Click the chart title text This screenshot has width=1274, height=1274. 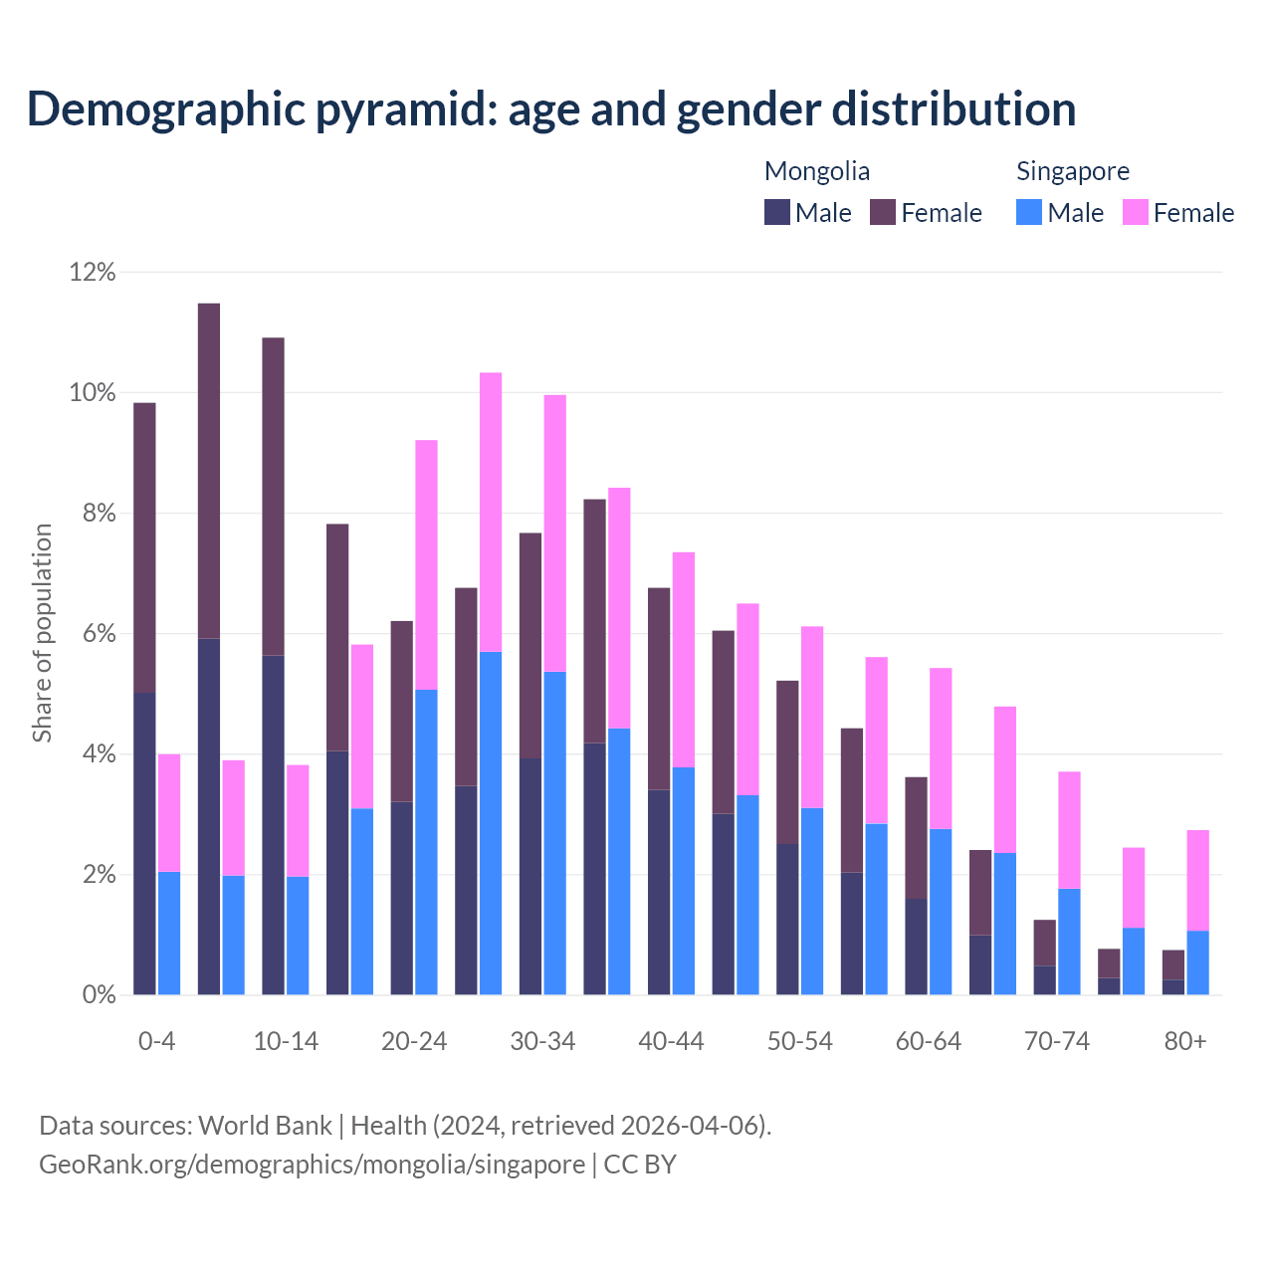551,109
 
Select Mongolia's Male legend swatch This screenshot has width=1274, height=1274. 777,212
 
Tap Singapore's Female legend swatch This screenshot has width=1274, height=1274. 1136,212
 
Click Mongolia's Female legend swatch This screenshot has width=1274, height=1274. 883,212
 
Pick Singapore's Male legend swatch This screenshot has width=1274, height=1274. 1029,212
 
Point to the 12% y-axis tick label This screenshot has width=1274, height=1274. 93,272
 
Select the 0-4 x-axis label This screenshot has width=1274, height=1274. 156,1041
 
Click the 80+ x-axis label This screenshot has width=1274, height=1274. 1185,1041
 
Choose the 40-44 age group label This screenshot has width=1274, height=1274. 671,1041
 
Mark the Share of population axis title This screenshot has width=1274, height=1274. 42,633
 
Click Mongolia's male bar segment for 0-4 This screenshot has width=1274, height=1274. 144,844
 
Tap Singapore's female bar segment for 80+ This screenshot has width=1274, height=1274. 1197,881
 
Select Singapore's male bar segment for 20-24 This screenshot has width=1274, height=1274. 426,842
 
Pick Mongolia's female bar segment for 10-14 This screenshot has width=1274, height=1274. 273,497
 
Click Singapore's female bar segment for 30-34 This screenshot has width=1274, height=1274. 554,533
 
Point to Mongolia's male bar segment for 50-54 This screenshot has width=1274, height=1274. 787,920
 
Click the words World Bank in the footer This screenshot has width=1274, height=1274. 265,1126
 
